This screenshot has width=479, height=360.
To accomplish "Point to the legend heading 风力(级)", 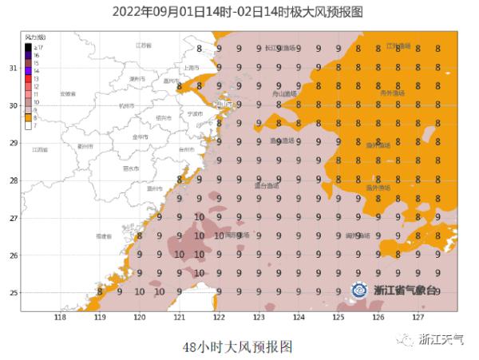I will click(35, 38).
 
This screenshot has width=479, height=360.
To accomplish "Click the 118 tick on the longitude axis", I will click(59, 317).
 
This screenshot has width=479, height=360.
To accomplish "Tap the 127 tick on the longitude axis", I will click(418, 317).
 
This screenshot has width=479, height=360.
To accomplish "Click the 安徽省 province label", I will click(68, 94).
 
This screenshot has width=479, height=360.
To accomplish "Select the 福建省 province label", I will click(103, 236).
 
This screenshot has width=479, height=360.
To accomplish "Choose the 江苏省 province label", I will click(144, 45).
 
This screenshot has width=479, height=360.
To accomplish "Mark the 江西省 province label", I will click(40, 149).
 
